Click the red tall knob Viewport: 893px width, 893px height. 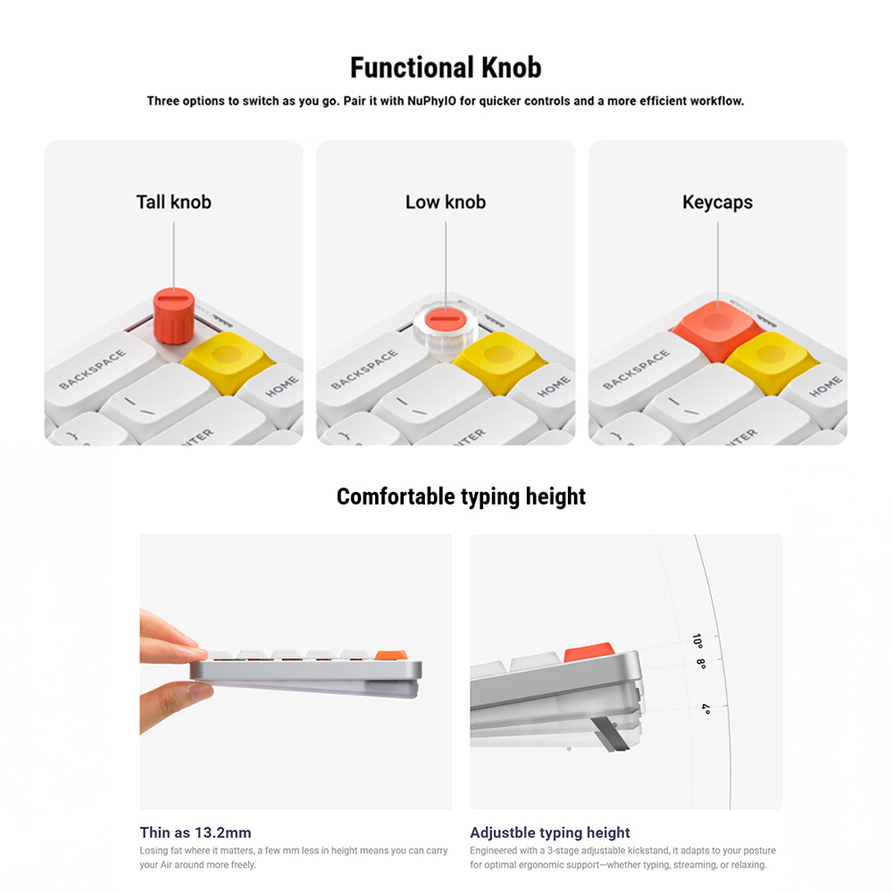tap(174, 316)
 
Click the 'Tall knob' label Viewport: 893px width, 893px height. tap(174, 202)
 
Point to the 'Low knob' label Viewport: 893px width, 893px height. tap(446, 202)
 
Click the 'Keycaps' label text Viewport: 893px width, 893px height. tap(718, 203)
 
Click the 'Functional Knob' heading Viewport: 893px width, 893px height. tap(446, 67)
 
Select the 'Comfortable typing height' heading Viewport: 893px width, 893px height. tap(461, 497)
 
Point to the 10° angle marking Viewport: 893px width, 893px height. tap(697, 640)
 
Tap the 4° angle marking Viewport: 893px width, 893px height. tap(706, 709)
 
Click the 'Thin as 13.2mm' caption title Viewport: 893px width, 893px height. tap(196, 832)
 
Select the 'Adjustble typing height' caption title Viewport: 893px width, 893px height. tap(550, 833)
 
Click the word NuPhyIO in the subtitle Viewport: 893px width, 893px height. tap(431, 101)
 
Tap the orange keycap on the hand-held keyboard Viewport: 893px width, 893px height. tap(391, 655)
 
